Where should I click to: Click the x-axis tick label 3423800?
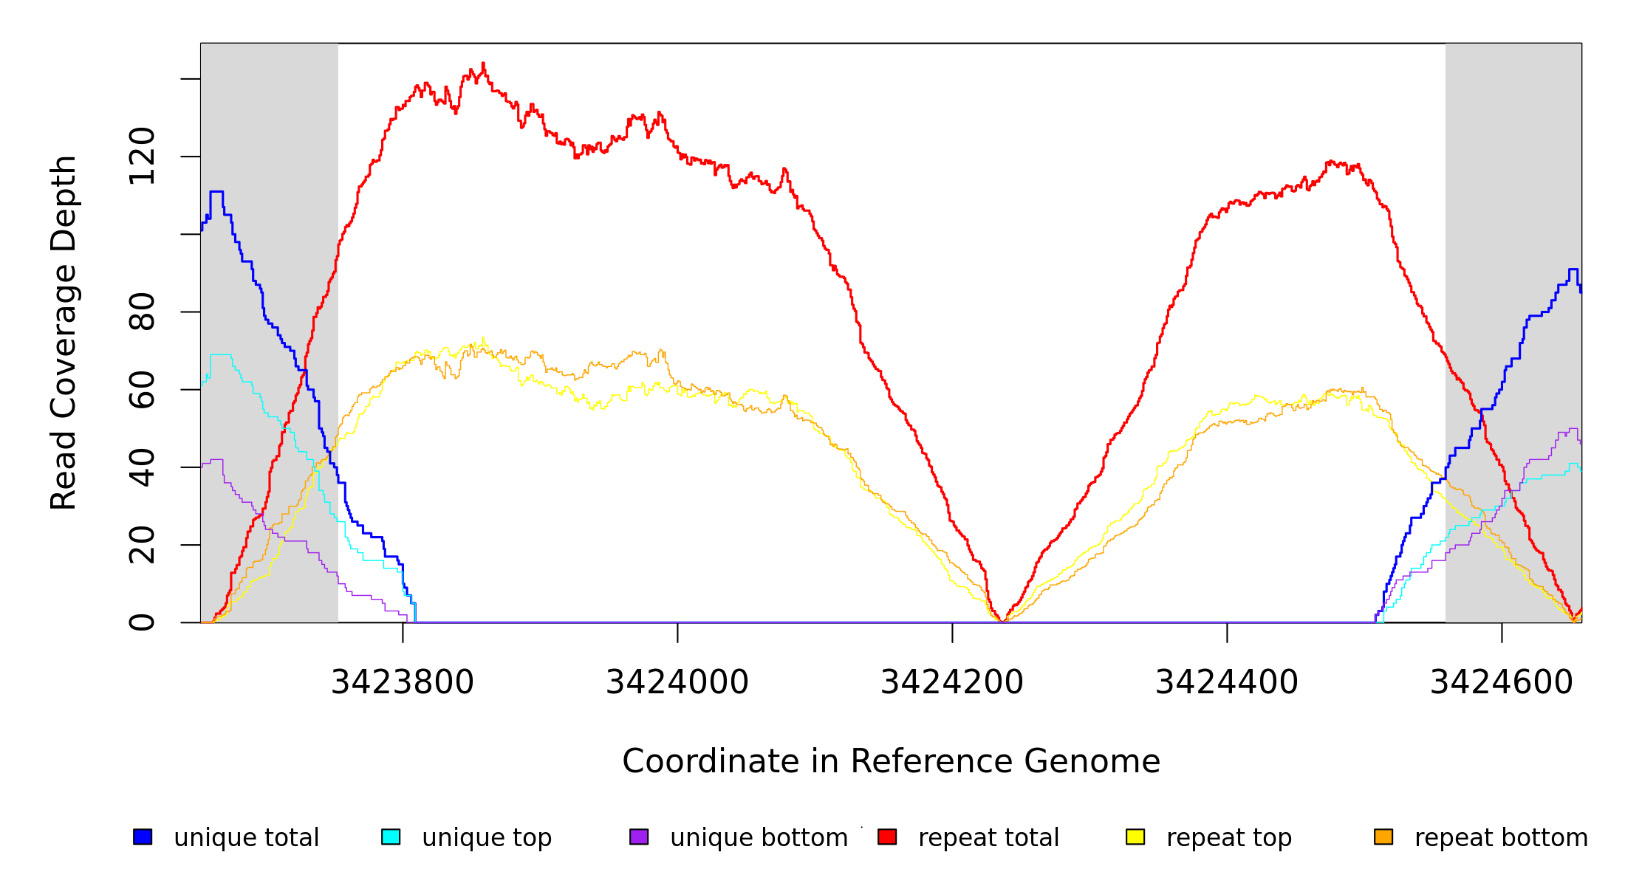pyautogui.click(x=403, y=683)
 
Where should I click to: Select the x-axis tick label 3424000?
pyautogui.click(x=677, y=683)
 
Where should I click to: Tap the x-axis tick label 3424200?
pyautogui.click(x=952, y=683)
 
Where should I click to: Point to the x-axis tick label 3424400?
pyautogui.click(x=1227, y=683)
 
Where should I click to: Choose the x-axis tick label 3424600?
pyautogui.click(x=1502, y=683)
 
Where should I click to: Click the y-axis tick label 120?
pyautogui.click(x=142, y=156)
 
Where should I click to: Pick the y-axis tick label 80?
pyautogui.click(x=142, y=312)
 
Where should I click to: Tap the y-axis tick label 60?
pyautogui.click(x=142, y=389)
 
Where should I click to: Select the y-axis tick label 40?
pyautogui.click(x=142, y=467)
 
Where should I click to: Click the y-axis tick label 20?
pyautogui.click(x=142, y=545)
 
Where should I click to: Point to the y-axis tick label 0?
pyautogui.click(x=142, y=622)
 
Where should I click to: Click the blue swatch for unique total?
pyautogui.click(x=143, y=837)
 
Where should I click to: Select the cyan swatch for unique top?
pyautogui.click(x=391, y=837)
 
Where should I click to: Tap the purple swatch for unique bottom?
pyautogui.click(x=639, y=837)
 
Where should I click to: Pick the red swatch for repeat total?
pyautogui.click(x=887, y=837)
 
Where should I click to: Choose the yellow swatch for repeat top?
pyautogui.click(x=1135, y=837)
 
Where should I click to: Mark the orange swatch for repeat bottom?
pyautogui.click(x=1383, y=837)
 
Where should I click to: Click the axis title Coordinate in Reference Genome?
pyautogui.click(x=891, y=761)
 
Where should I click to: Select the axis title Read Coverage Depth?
pyautogui.click(x=64, y=332)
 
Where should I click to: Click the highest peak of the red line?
pyautogui.click(x=483, y=63)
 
